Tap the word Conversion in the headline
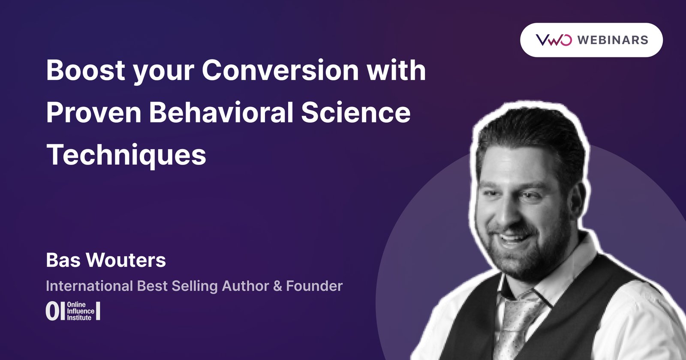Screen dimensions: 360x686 pyautogui.click(x=280, y=70)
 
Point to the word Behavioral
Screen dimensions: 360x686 pyautogui.click(x=221, y=112)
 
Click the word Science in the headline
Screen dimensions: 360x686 pyautogui.click(x=355, y=112)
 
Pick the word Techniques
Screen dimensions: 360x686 pyautogui.click(x=126, y=155)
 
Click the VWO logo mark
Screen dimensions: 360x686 pyautogui.click(x=554, y=40)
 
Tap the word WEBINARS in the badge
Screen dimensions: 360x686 pyautogui.click(x=612, y=40)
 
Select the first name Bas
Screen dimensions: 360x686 pyautogui.click(x=63, y=260)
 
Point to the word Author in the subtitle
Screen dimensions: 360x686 pyautogui.click(x=246, y=286)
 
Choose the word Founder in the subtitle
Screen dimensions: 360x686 pyautogui.click(x=314, y=286)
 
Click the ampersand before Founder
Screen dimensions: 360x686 pyautogui.click(x=278, y=286)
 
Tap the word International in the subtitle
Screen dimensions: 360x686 pyautogui.click(x=89, y=286)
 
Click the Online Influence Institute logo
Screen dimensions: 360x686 pyautogui.click(x=73, y=311)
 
